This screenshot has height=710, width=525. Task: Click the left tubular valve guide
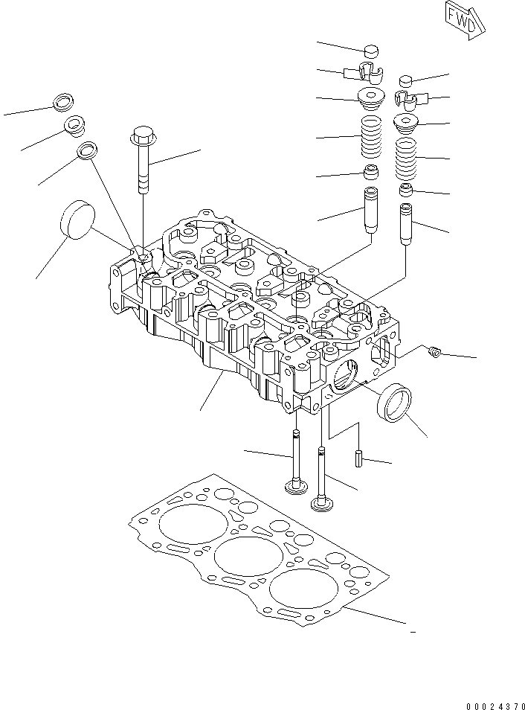(370, 210)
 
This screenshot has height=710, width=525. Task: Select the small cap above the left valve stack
(370, 51)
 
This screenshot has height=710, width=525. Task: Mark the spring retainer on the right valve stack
(406, 124)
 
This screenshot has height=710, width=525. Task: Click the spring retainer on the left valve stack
(370, 97)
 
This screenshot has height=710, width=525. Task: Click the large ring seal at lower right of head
(394, 402)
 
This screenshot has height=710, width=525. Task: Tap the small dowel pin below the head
(359, 459)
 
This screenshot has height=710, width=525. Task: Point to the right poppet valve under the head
(322, 484)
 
